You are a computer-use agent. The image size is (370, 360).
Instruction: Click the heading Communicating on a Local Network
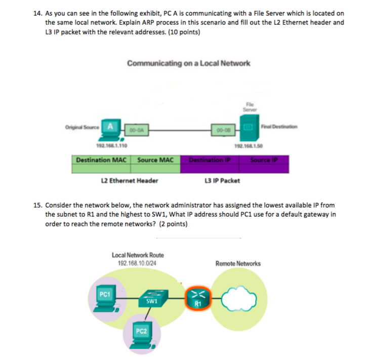point(189,63)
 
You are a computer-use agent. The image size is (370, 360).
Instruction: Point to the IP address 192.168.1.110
point(113,146)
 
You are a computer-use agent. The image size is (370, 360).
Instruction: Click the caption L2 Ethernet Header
point(130,181)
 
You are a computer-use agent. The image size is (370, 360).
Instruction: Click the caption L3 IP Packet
point(221,181)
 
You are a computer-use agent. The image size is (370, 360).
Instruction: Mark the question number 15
point(37,206)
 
